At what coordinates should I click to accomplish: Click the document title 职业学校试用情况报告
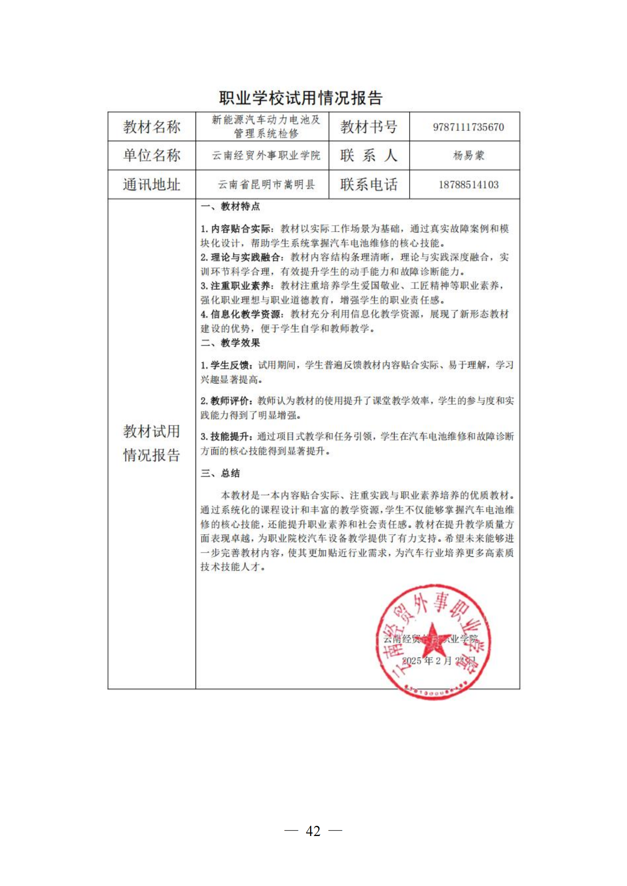coord(301,98)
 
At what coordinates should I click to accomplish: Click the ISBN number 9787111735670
coord(468,127)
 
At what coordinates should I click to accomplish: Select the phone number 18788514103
coord(468,184)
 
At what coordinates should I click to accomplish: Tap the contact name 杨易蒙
coord(468,156)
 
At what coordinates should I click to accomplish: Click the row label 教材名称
coord(152,127)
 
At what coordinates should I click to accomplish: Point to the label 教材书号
coord(368,127)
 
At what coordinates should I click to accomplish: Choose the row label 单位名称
coord(152,156)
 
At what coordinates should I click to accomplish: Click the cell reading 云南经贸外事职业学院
coord(266,156)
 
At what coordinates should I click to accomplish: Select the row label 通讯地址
coord(152,184)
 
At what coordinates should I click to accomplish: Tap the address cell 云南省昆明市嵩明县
coord(266,184)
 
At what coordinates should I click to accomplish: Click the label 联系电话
coord(368,184)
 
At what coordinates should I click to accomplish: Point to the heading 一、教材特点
coord(230,206)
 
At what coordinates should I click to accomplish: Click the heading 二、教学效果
coord(230,343)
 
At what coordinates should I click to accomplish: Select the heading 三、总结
coord(220,473)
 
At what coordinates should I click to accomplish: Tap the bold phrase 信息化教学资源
coord(245,314)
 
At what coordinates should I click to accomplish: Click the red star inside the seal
coord(435,639)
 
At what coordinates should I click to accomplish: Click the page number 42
coord(313,831)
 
